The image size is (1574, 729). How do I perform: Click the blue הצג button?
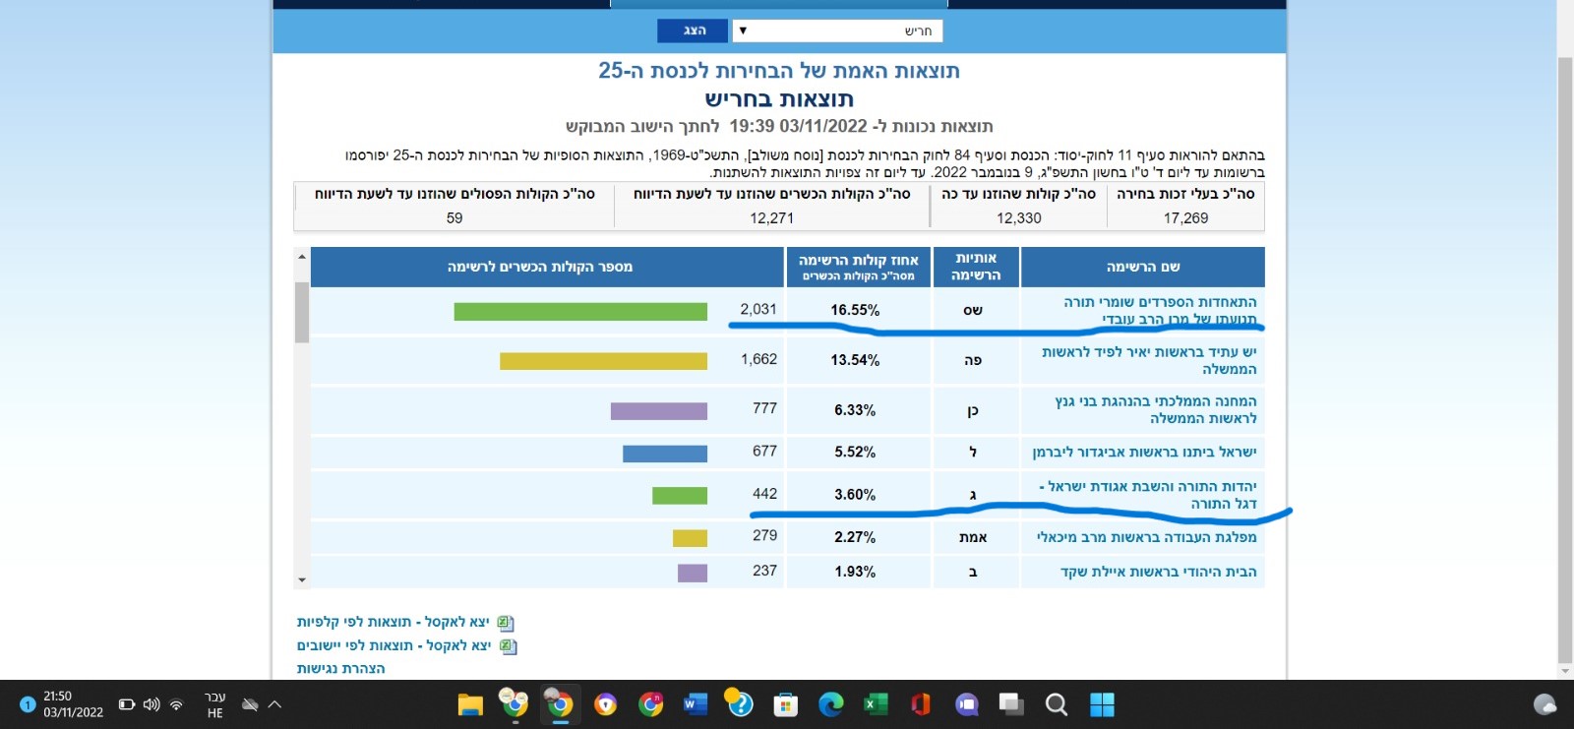point(693,30)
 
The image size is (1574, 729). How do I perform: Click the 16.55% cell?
point(855,310)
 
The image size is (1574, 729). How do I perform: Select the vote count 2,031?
point(758,309)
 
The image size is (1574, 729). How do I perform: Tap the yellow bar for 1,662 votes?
point(603,361)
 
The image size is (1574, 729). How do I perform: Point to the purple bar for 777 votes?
point(658,411)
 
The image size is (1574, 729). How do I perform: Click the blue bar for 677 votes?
point(664,454)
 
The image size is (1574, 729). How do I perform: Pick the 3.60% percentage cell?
point(855,495)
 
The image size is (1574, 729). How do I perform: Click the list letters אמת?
point(973,537)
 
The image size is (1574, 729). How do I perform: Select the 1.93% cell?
point(855,572)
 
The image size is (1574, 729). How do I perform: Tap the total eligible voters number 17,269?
point(1185,218)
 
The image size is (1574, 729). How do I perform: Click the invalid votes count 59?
point(454,218)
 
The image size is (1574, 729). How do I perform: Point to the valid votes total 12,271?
point(771,218)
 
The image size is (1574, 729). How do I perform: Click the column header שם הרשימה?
point(1142,267)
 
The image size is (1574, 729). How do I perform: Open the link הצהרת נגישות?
point(340,668)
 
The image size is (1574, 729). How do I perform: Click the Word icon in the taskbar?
point(695,704)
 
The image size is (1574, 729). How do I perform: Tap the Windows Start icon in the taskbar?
point(1102,704)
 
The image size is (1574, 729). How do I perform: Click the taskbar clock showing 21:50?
point(73,704)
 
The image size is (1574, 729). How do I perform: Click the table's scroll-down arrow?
point(302,580)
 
